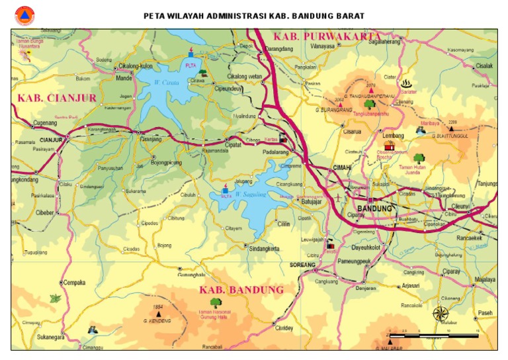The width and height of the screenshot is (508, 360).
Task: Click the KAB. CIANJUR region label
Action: [57, 98]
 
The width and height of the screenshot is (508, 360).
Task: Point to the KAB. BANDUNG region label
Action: [241, 290]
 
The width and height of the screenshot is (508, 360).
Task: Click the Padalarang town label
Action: [276, 151]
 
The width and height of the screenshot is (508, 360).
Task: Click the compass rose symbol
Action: [441, 313]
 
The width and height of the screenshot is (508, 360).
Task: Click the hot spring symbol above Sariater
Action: [405, 83]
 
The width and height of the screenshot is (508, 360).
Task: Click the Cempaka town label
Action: [75, 283]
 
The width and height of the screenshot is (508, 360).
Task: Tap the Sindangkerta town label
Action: [264, 248]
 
